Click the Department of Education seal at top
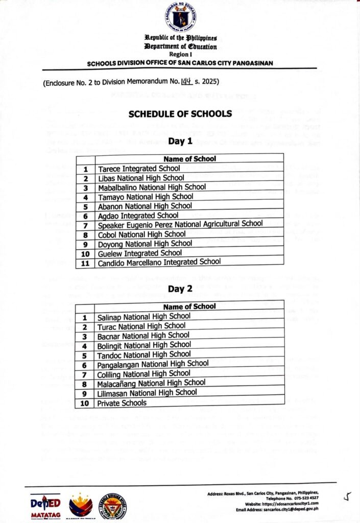pos(180,17)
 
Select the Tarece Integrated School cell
pos(139,168)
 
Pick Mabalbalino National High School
pos(152,187)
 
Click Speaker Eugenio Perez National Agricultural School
pos(180,224)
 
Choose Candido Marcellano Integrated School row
pos(159,261)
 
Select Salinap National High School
pos(144,317)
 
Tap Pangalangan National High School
pos(153,364)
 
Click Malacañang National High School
pos(152,383)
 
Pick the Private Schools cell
pos(122,402)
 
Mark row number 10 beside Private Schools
pos(85,403)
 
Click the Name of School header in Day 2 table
pos(189,306)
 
